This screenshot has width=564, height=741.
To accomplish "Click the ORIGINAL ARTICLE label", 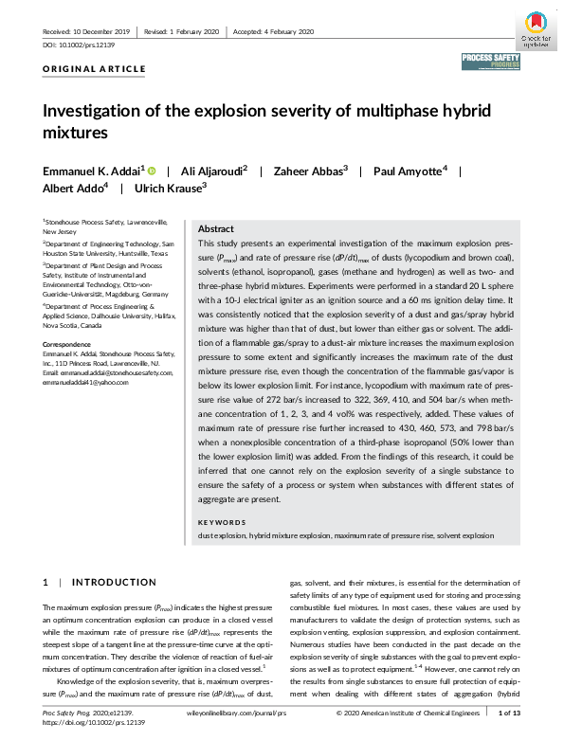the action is tap(95, 69).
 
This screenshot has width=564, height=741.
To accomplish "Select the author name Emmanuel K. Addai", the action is tap(92, 171).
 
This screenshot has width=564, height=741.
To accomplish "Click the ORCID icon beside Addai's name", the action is tap(152, 171).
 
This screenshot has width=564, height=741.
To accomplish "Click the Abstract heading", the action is tap(215, 229).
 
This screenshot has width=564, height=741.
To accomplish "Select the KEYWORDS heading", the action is tap(221, 522).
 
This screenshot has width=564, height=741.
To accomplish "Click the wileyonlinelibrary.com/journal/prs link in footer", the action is tap(235, 712).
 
